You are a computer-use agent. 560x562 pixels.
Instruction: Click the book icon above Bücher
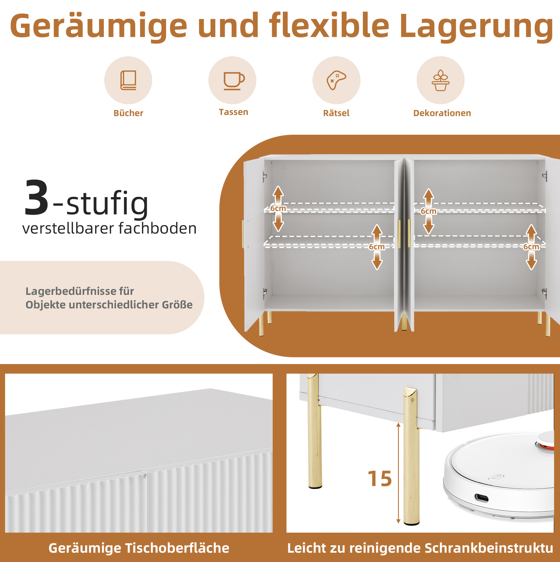click(128, 80)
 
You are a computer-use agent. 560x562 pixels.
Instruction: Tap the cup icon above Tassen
click(234, 81)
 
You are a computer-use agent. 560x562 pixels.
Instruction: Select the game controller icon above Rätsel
click(336, 80)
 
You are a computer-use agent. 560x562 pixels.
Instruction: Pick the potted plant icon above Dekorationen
click(441, 80)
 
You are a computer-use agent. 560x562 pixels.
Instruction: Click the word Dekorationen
click(442, 113)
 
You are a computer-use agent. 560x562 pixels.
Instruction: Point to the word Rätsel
click(336, 113)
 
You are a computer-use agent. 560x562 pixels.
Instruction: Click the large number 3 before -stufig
click(37, 198)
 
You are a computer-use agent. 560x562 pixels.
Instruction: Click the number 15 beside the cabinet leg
click(380, 479)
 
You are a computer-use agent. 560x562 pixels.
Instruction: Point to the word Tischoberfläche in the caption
click(177, 548)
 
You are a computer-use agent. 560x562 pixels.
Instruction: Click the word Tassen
click(233, 112)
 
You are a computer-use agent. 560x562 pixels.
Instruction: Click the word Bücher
click(128, 113)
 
